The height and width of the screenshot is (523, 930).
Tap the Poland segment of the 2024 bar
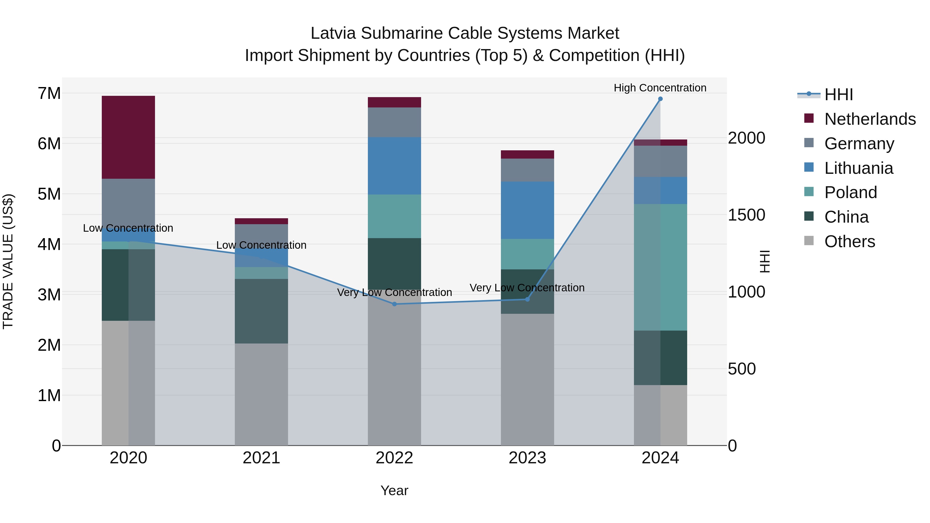tap(660, 267)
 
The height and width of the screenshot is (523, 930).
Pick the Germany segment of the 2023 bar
tap(527, 170)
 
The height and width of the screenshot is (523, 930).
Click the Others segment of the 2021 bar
tap(261, 394)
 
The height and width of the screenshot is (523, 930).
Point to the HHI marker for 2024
tap(660, 99)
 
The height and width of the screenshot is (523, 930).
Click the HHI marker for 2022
tap(394, 304)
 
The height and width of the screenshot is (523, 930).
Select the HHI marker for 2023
tap(527, 299)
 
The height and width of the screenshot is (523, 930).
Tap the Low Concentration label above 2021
tap(261, 245)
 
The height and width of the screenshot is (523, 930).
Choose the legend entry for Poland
tap(850, 192)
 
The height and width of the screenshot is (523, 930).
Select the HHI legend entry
tap(838, 95)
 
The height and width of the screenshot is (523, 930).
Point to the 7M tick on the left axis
tap(49, 93)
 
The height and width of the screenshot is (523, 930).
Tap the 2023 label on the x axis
tap(527, 458)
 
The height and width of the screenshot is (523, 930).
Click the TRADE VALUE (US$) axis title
tap(8, 261)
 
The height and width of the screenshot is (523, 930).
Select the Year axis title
tap(394, 490)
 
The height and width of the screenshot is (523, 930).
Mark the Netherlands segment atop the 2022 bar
tap(394, 102)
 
